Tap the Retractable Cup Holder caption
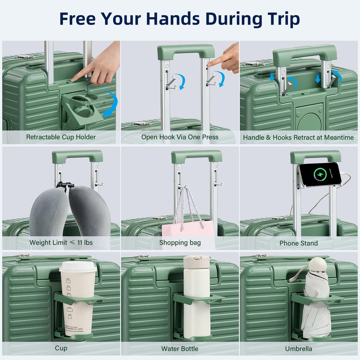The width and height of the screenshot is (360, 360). click(x=61, y=137)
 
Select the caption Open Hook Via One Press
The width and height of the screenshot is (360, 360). click(x=180, y=137)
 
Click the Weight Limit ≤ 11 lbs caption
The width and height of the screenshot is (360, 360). click(x=61, y=243)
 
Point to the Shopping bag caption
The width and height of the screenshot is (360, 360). click(x=180, y=243)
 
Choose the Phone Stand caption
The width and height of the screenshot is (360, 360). click(x=298, y=243)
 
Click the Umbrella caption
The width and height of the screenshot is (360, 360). click(x=298, y=349)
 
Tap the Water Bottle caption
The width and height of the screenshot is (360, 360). click(x=180, y=349)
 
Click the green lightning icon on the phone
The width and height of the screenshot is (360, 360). click(x=320, y=174)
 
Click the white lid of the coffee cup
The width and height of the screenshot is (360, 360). click(x=78, y=266)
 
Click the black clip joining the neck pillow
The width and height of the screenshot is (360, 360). click(x=65, y=185)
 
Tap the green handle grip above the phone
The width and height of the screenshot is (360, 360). click(x=315, y=156)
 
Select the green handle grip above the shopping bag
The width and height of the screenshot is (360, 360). click(x=197, y=156)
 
